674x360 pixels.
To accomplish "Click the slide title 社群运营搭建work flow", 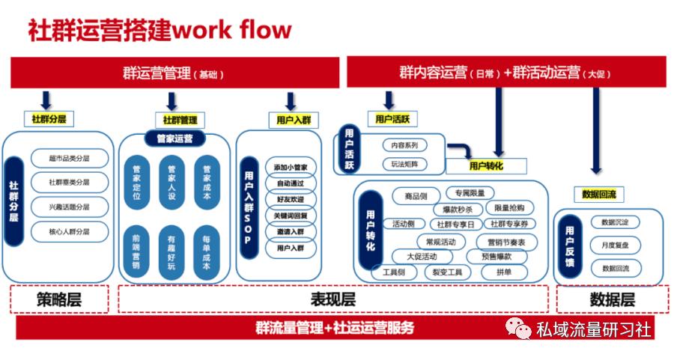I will click(159, 30).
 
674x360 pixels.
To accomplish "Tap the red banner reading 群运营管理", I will click(173, 73).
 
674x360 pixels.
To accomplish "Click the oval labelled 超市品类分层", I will click(69, 159).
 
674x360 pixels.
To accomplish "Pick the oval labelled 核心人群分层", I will click(69, 231).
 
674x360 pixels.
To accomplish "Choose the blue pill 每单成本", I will click(206, 251).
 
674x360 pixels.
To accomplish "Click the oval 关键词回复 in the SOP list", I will click(291, 216).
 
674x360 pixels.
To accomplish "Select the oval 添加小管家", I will click(291, 167).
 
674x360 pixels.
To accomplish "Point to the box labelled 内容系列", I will click(404, 145).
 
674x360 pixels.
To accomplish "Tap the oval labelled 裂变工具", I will click(448, 272).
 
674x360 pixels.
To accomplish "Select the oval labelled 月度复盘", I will click(615, 245).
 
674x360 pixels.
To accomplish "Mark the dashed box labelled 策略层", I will click(59, 299).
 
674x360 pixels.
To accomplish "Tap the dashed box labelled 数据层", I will click(612, 299).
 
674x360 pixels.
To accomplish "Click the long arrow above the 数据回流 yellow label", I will click(596, 131).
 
